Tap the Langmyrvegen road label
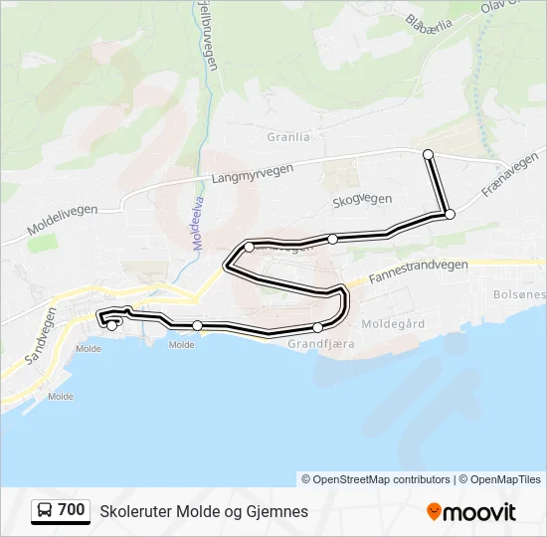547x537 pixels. coord(253,174)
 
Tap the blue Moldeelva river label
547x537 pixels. coord(197,219)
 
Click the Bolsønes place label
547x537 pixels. coord(519,295)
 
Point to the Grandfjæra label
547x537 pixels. coord(320,343)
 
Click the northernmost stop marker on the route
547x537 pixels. coord(428,154)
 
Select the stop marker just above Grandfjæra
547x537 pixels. coord(317,327)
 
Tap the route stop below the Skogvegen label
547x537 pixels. coord(333,239)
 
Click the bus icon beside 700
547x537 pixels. coord(45,511)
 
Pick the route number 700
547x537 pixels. coord(72,510)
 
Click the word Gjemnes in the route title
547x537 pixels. coord(279,511)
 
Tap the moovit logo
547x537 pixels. coord(471,511)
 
